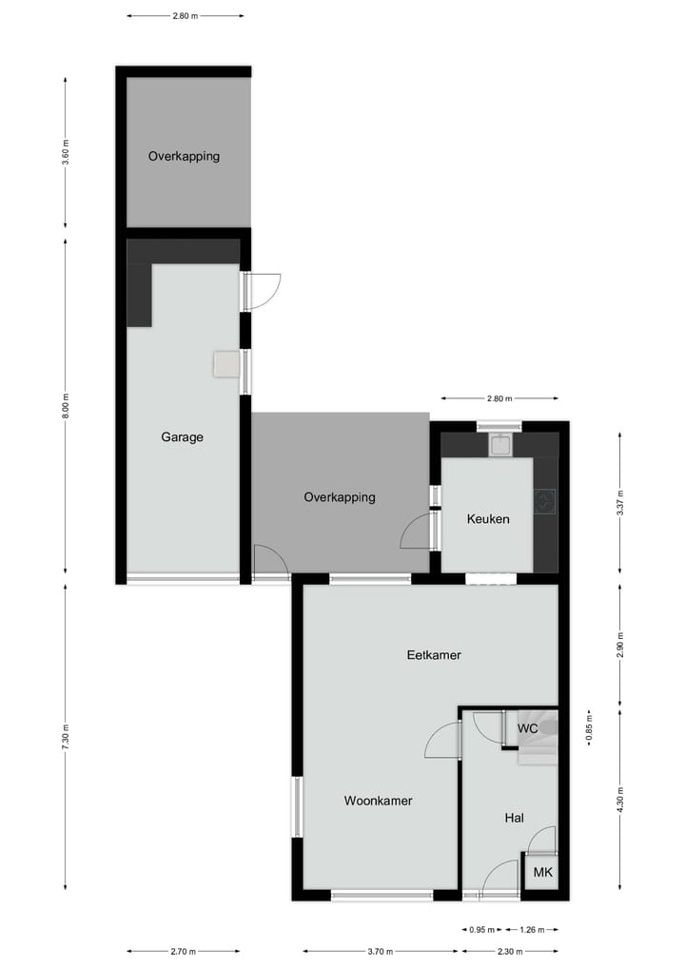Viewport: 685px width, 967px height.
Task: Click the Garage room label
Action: click(x=182, y=437)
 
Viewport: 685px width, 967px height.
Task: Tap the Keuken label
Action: click(x=488, y=519)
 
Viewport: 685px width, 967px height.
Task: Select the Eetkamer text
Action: click(x=433, y=654)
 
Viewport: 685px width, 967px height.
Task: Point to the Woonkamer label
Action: click(x=378, y=801)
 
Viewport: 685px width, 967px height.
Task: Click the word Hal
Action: click(x=514, y=818)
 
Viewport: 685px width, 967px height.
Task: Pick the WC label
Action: click(x=528, y=728)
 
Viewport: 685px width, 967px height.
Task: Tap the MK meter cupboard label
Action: click(x=541, y=872)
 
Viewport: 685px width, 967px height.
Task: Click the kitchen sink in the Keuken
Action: click(x=501, y=444)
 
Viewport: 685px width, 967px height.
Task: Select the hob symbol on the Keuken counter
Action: click(x=545, y=501)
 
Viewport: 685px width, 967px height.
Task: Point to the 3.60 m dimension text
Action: click(x=66, y=152)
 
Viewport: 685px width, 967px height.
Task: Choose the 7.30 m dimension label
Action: click(x=66, y=738)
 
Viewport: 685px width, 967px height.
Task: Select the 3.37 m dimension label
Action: click(x=620, y=501)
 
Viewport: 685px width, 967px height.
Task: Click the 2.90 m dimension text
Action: click(x=620, y=645)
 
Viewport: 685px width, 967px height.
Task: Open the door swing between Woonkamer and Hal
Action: click(x=443, y=740)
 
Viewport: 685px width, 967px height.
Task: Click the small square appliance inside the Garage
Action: click(x=226, y=364)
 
